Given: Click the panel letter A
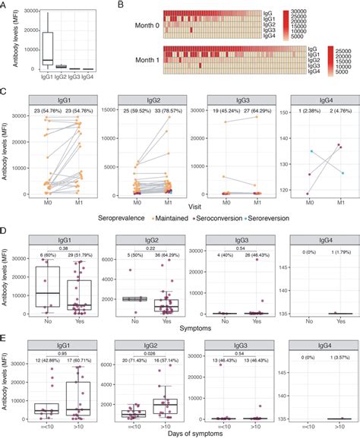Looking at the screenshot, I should click(x=5, y=5).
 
